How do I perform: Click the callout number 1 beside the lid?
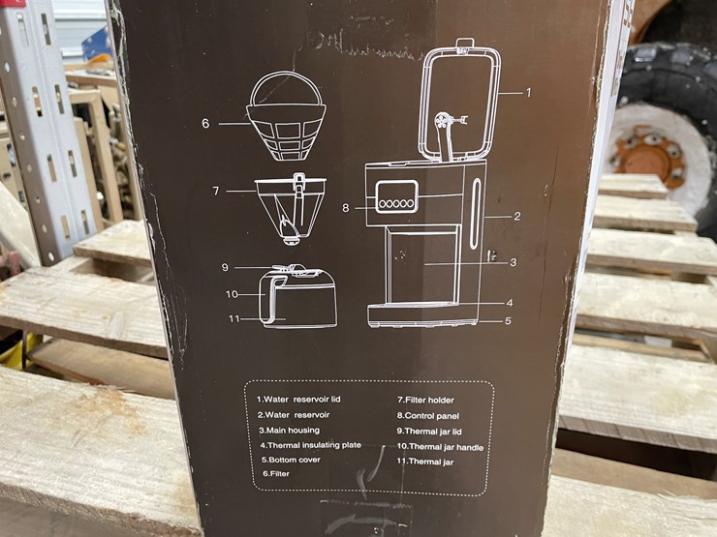pyautogui.click(x=529, y=93)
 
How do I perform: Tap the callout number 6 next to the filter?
pyautogui.click(x=205, y=124)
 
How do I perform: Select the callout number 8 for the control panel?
pyautogui.click(x=345, y=206)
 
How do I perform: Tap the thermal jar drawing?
pyautogui.click(x=298, y=298)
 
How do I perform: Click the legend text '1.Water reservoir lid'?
pyautogui.click(x=303, y=399)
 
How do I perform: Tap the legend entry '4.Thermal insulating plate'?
pyautogui.click(x=309, y=445)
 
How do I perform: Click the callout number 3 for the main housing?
pyautogui.click(x=513, y=262)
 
